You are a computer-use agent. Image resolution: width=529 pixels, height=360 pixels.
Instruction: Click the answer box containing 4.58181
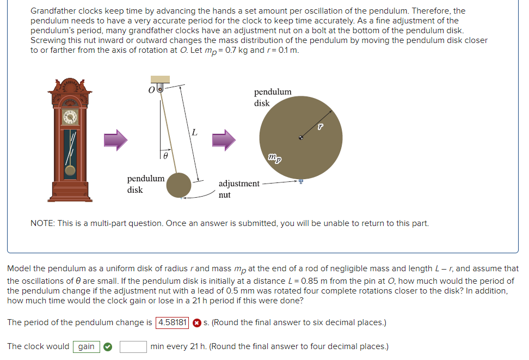click(173, 322)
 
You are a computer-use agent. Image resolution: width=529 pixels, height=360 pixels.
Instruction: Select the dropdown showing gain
click(86, 346)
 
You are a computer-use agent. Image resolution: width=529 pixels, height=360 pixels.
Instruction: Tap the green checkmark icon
click(108, 346)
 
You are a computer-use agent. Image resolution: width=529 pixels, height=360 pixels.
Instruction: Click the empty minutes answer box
click(133, 346)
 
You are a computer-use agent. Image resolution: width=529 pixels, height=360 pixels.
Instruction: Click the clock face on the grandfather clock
click(70, 117)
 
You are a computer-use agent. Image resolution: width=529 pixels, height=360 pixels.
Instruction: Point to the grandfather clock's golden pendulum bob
click(70, 170)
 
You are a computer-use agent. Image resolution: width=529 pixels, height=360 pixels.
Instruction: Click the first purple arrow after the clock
click(115, 141)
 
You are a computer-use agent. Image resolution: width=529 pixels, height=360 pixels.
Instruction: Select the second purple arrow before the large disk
click(223, 141)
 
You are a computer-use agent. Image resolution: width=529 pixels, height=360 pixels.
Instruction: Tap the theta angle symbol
click(166, 156)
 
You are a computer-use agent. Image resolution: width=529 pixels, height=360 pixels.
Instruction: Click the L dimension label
click(195, 133)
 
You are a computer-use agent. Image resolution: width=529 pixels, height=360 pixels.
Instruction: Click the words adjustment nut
click(238, 188)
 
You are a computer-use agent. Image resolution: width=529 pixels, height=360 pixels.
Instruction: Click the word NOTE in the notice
click(42, 223)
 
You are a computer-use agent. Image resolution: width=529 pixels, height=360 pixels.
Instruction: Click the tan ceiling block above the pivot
click(160, 80)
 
